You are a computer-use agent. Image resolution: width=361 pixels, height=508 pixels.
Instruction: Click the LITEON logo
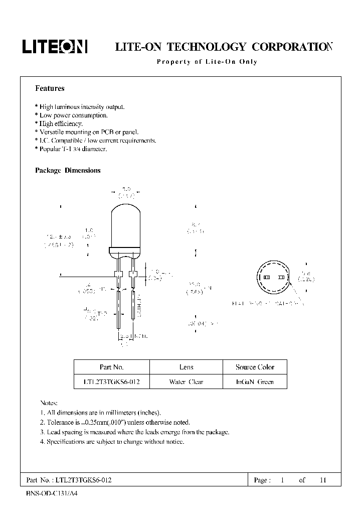55,47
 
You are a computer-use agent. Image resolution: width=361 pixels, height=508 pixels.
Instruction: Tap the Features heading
50,88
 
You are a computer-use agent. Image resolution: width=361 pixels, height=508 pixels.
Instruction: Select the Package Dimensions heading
68,171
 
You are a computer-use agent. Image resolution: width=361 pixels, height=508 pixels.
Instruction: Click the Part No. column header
111,367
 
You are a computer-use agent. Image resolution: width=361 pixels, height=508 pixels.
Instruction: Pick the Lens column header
186,367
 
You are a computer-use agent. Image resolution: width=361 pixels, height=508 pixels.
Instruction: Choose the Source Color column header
255,367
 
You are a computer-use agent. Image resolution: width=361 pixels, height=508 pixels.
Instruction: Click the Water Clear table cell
186,382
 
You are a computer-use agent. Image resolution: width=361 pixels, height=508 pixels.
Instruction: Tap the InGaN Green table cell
255,382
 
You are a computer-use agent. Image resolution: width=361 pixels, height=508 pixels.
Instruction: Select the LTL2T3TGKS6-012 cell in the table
111,382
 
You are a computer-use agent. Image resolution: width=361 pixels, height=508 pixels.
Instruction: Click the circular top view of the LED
274,278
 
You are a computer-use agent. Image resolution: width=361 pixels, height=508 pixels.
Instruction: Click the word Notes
49,403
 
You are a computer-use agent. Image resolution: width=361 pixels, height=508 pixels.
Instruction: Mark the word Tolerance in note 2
61,423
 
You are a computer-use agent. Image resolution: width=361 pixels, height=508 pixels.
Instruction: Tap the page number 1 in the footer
282,480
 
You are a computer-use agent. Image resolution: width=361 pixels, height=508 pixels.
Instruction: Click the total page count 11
323,480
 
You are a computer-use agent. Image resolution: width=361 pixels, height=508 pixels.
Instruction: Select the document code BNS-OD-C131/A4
52,493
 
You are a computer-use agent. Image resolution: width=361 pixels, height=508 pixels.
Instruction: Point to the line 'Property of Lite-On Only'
207,62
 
